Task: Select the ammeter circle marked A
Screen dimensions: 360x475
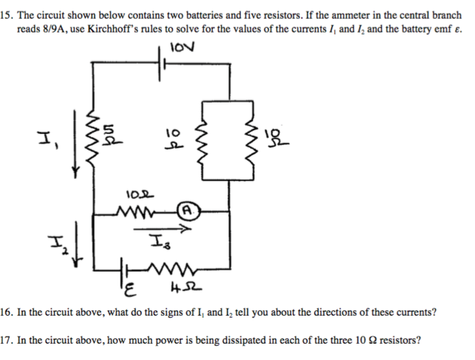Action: click(187, 210)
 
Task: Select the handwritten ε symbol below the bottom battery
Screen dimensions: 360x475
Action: click(129, 287)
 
